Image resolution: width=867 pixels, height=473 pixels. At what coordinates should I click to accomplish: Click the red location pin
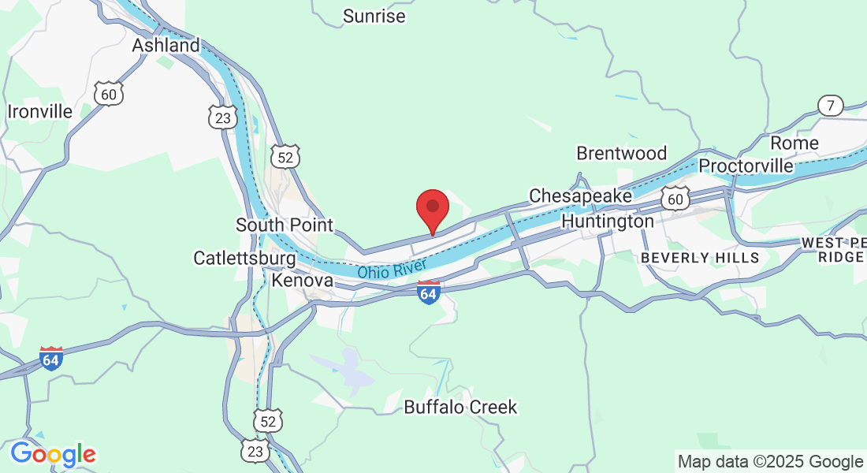tap(432, 209)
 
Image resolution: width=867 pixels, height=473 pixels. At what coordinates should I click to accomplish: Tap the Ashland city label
tap(166, 46)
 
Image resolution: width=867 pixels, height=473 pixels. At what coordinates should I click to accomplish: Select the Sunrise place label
tap(374, 16)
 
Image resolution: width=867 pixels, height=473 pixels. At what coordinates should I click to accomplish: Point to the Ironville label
tap(39, 111)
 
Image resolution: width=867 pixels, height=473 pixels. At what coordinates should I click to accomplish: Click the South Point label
tap(285, 225)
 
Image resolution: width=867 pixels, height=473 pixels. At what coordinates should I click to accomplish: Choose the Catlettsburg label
tap(244, 258)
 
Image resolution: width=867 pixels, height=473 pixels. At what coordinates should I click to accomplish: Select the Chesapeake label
tap(580, 196)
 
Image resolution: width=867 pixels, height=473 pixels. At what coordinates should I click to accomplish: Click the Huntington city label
tap(607, 222)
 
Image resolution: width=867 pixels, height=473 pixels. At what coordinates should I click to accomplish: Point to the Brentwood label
tap(621, 153)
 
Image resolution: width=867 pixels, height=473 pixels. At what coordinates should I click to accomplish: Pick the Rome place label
tap(794, 143)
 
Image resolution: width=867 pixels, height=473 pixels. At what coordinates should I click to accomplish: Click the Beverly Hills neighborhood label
tap(700, 258)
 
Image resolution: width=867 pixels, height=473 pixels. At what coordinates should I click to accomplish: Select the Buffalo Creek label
tap(460, 408)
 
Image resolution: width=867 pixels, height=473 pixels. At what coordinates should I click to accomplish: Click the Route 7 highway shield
tap(830, 105)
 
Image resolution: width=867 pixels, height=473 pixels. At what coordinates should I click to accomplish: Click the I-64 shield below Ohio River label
tap(428, 292)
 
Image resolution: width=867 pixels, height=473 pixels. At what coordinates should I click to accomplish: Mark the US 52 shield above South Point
tap(285, 157)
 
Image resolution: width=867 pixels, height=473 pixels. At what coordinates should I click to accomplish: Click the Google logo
tap(53, 454)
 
